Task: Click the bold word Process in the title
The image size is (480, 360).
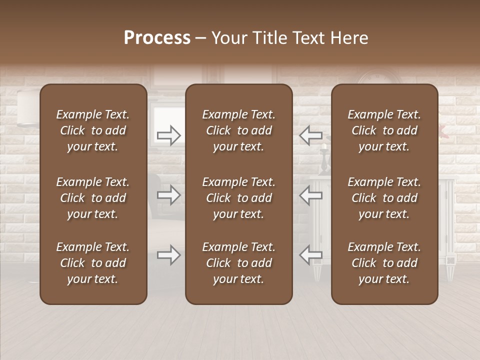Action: pos(157,38)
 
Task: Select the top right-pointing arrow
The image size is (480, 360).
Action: pos(169,135)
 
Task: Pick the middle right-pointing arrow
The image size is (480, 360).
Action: pos(169,195)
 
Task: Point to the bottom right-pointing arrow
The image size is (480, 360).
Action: pos(169,255)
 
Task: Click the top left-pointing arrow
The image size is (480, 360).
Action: pos(310,135)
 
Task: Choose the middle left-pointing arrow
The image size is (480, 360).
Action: pos(310,195)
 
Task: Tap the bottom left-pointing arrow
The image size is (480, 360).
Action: pos(310,255)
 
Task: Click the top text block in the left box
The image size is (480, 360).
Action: pos(93,130)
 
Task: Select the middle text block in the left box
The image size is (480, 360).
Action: pos(93,198)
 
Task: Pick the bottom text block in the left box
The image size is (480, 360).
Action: pos(93,263)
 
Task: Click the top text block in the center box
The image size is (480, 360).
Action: pos(238,130)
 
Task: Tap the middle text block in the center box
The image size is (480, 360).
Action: pos(238,198)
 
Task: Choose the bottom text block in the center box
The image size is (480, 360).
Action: pos(238,263)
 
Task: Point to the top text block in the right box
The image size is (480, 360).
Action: pos(384,130)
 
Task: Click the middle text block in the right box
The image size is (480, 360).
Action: pos(384,198)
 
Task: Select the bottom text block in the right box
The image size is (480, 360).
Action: pos(384,263)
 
